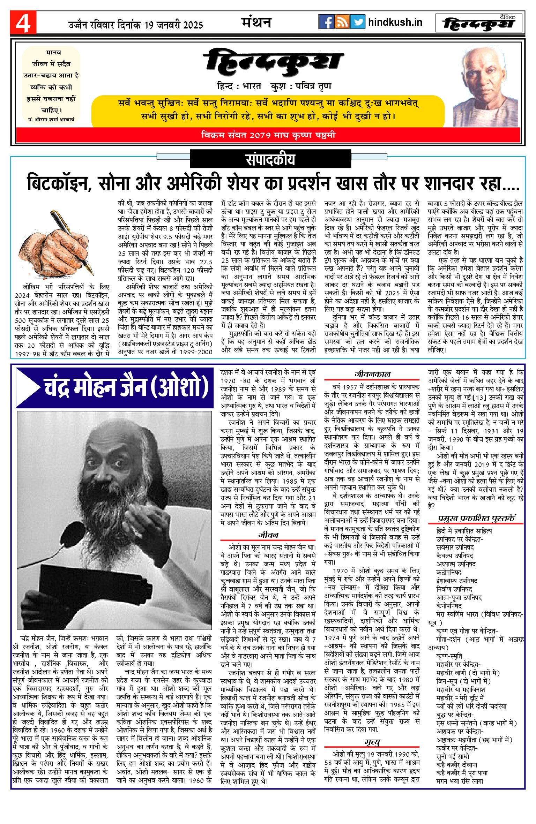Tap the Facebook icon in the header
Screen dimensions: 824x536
tap(326, 22)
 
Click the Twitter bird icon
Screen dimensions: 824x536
tap(358, 22)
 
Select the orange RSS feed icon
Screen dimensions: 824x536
tap(342, 22)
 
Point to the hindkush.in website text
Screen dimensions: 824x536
tap(395, 22)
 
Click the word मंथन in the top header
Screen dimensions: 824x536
tap(256, 23)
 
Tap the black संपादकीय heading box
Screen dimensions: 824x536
tap(270, 159)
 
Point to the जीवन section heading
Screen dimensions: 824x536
tap(268, 535)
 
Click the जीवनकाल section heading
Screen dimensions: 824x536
tap(372, 374)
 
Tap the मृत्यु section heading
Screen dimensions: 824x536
tap(372, 742)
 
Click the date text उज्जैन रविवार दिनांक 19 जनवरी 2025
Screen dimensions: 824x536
tap(136, 25)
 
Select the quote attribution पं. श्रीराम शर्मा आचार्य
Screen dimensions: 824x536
tap(52, 119)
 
